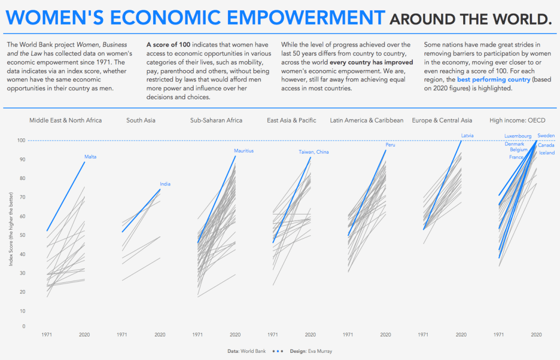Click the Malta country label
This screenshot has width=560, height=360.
(90, 157)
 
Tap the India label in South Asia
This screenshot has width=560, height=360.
(165, 184)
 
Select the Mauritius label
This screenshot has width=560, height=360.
(243, 151)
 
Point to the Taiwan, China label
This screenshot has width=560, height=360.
(313, 152)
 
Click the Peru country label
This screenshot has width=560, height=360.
(390, 145)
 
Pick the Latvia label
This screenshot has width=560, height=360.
(467, 135)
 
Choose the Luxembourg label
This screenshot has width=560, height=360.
(517, 136)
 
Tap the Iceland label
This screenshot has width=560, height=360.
(546, 153)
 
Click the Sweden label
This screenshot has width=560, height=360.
(545, 135)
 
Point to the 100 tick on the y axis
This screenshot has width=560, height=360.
(21, 141)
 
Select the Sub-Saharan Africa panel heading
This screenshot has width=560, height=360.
(216, 120)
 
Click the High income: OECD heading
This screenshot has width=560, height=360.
(517, 120)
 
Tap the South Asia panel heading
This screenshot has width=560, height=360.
(141, 120)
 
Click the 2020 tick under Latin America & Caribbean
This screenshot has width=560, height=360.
(386, 335)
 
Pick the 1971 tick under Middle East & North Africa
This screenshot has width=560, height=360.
(47, 335)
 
